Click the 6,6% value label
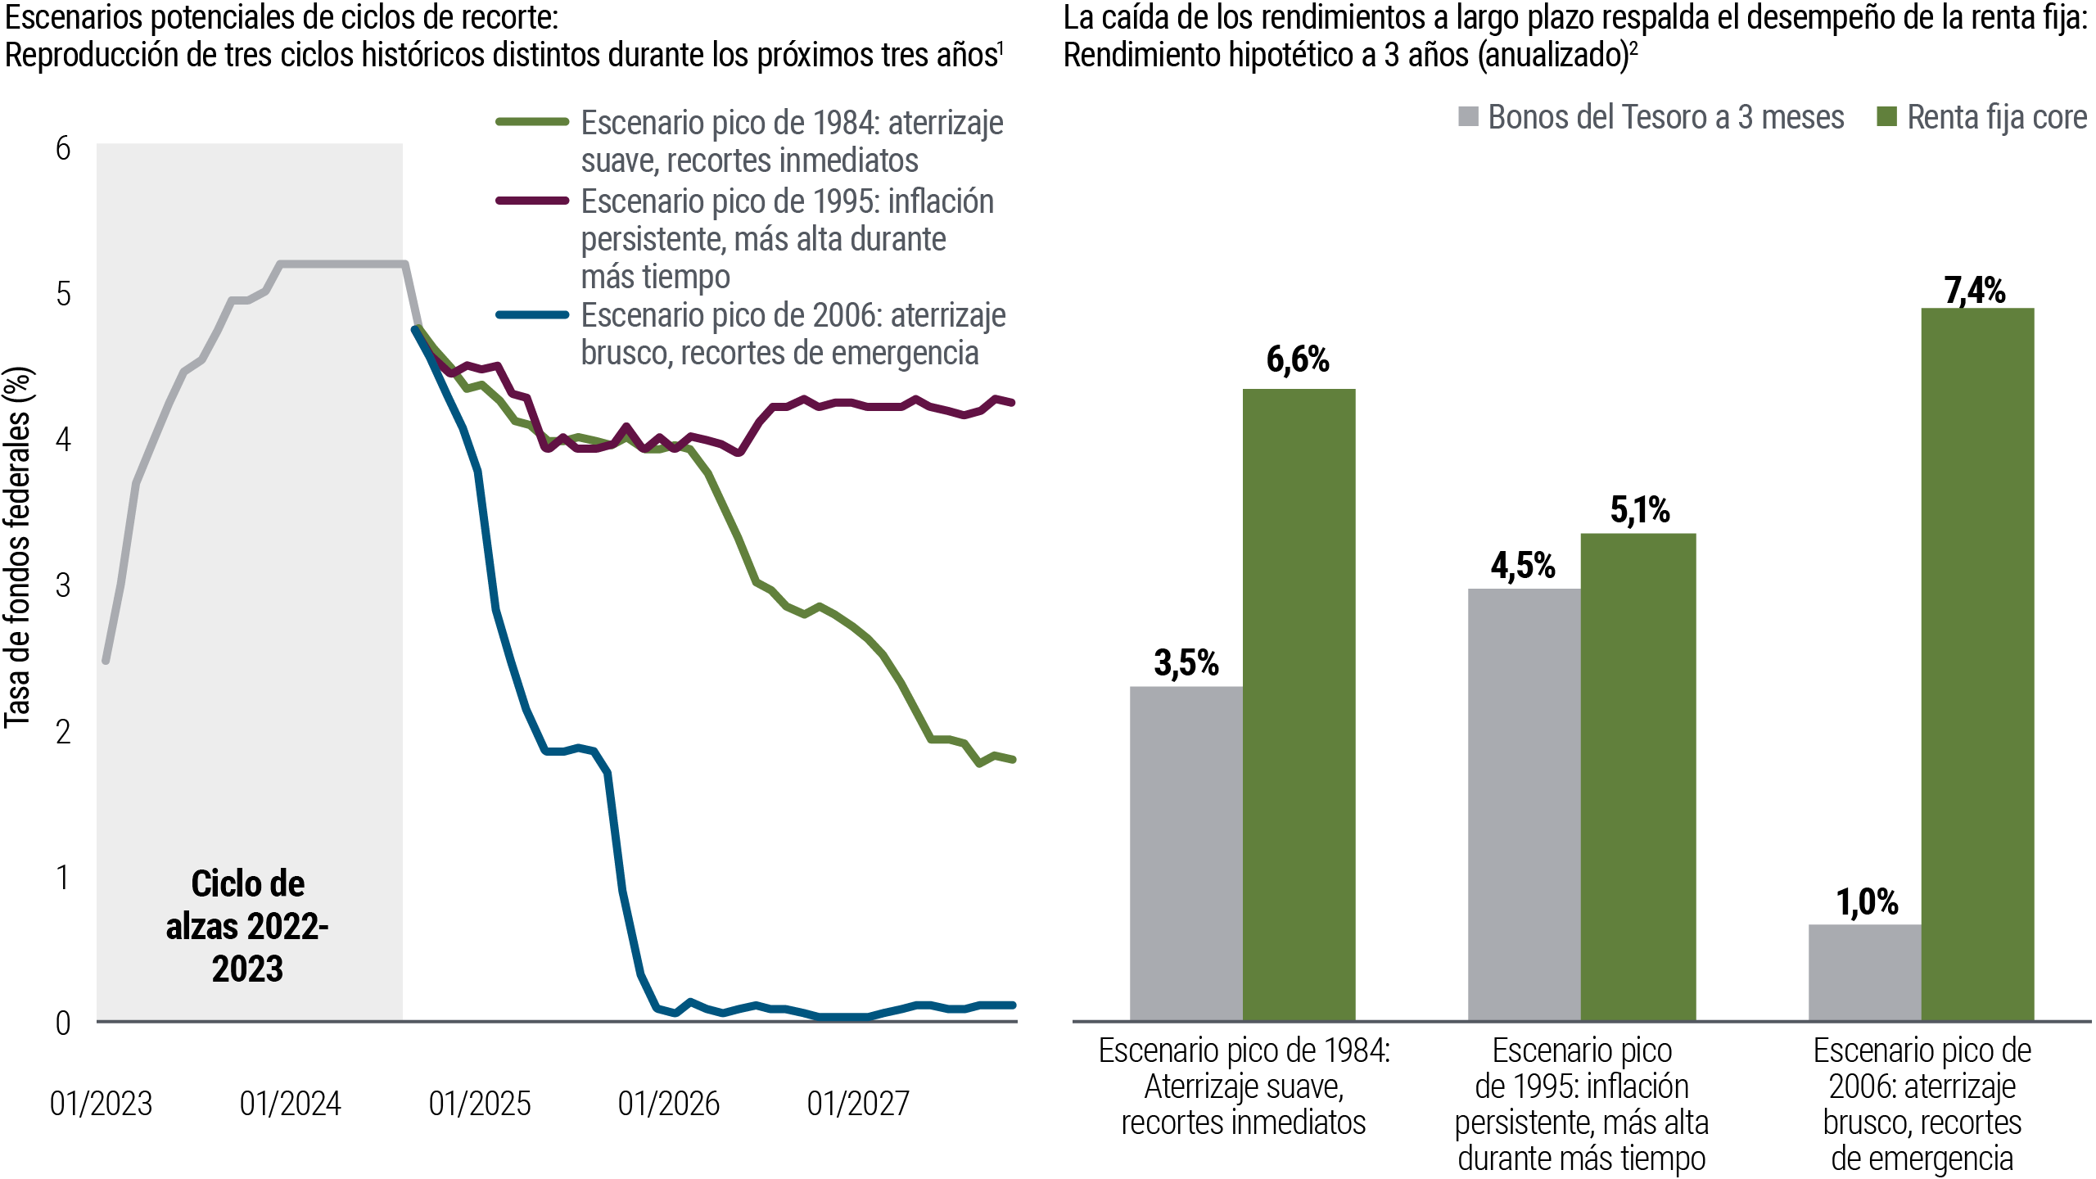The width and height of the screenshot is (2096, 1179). [x=1298, y=360]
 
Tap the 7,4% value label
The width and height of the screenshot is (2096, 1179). [x=1975, y=291]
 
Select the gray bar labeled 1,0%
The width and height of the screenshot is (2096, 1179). [x=1864, y=972]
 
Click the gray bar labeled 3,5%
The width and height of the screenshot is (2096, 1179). [x=1186, y=852]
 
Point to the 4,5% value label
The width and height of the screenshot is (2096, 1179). [x=1522, y=566]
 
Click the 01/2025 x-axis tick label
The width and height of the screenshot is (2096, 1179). [x=480, y=1104]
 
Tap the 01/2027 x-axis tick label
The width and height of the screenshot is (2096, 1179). [x=858, y=1104]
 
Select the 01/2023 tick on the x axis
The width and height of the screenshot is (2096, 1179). [x=102, y=1104]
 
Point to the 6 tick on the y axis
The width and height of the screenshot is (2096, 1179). [x=63, y=149]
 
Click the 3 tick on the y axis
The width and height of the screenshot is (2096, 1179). [x=63, y=586]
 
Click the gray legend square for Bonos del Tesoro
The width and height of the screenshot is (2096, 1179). [x=1468, y=117]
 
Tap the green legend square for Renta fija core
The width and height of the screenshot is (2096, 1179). [x=1886, y=117]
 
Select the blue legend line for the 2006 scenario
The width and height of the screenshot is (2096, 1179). [x=532, y=315]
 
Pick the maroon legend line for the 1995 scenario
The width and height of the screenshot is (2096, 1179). [x=532, y=201]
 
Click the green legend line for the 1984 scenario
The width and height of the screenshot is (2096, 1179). [x=532, y=122]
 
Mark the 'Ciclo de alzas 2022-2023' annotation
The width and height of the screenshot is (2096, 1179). [x=247, y=926]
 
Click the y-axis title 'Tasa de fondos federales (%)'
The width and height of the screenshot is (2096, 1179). [x=18, y=547]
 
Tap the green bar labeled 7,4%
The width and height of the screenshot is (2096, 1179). [x=1977, y=663]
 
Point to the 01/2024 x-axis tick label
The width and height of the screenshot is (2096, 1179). [x=291, y=1104]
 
